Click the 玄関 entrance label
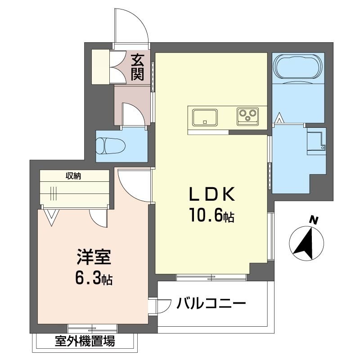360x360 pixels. coord(137,67)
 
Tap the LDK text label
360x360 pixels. coord(211,194)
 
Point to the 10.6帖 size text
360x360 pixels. coord(211,216)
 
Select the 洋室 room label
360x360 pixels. coord(93,258)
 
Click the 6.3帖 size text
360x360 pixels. coord(93,279)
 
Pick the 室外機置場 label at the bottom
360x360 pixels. coord(85,342)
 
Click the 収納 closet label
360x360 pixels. coord(74,176)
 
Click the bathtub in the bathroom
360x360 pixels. coord(298,67)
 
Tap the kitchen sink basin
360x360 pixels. coord(205,117)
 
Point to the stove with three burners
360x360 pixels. coord(248,117)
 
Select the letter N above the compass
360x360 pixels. coord(314,220)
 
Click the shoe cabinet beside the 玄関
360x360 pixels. coord(101,67)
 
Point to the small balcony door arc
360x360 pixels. coord(161,307)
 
